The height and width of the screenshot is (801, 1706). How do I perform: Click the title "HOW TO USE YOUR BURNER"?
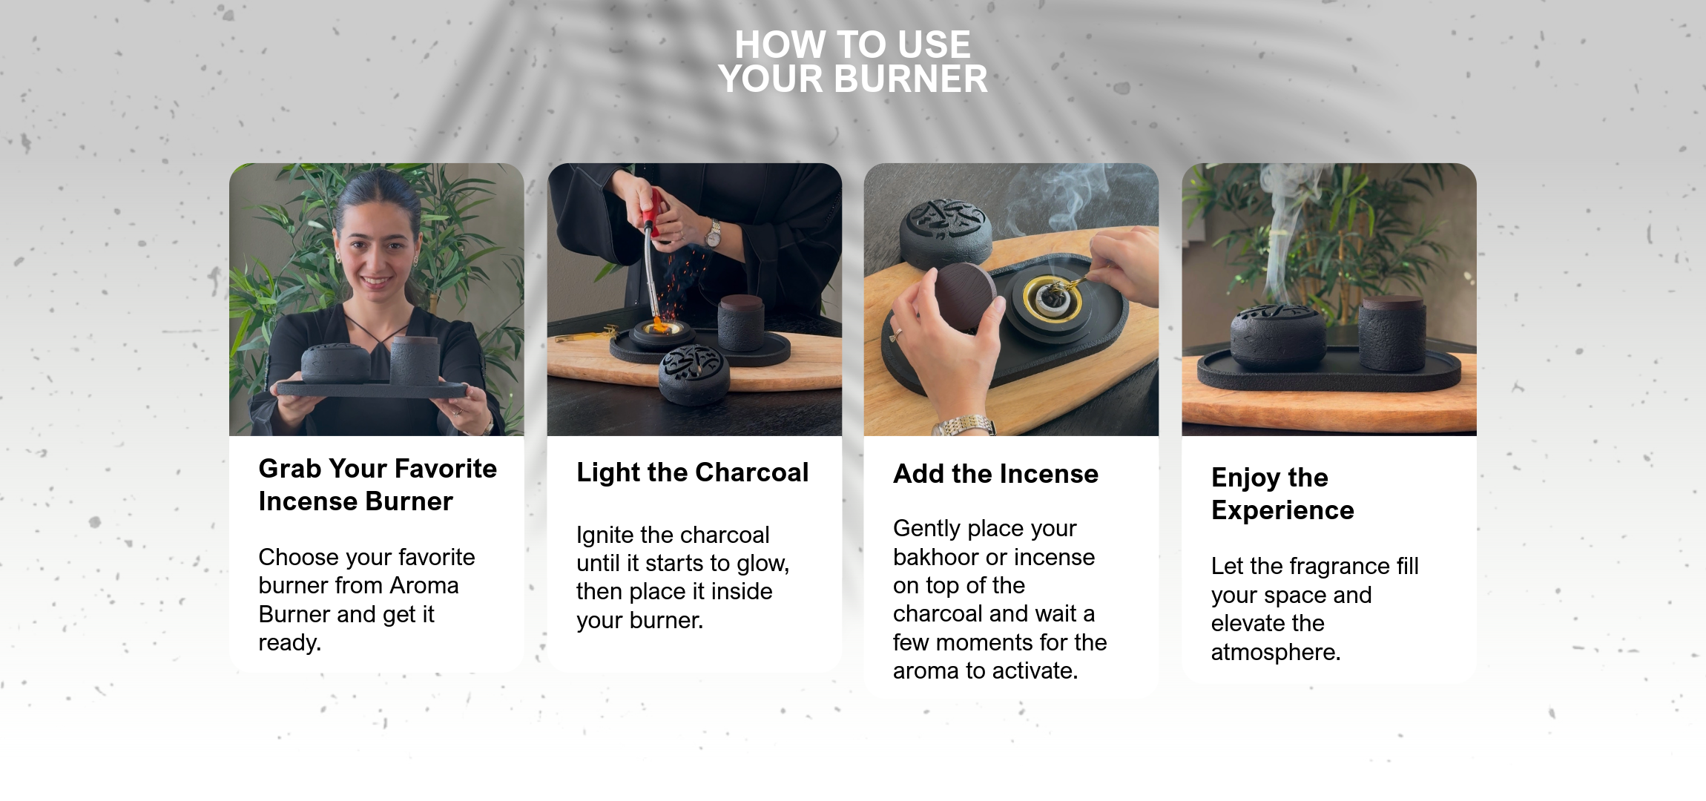pos(853,62)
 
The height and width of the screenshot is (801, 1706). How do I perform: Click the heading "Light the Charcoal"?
pos(692,472)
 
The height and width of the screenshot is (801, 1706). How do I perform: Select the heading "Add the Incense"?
pos(995,474)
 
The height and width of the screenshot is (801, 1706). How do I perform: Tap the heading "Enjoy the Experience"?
pos(1282,494)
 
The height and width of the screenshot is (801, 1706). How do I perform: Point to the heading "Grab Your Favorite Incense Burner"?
pos(378,485)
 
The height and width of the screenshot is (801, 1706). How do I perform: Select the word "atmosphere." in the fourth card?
pos(1276,652)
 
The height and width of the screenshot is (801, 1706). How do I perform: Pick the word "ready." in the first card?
pos(289,643)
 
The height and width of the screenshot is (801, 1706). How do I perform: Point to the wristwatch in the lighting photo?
pos(713,234)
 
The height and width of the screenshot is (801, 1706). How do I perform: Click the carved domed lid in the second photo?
pos(694,373)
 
